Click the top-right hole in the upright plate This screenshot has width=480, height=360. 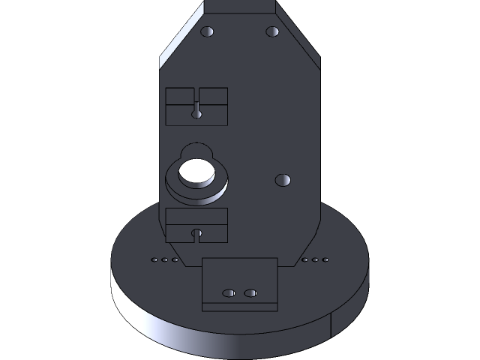272,31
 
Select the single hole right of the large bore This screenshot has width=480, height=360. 283,180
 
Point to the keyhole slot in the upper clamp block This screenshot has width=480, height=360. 196,112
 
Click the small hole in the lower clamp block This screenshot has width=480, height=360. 197,233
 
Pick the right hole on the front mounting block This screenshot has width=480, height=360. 250,292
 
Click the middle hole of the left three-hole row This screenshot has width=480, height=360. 165,260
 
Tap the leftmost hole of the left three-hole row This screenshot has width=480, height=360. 154,260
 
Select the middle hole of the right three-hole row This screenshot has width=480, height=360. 315,260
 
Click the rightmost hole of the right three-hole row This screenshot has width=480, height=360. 325,260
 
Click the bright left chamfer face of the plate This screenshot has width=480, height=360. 180,34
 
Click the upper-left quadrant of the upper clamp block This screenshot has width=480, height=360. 180,95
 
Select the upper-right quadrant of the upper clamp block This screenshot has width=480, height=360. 214,95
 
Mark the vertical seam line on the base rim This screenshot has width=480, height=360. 331,326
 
